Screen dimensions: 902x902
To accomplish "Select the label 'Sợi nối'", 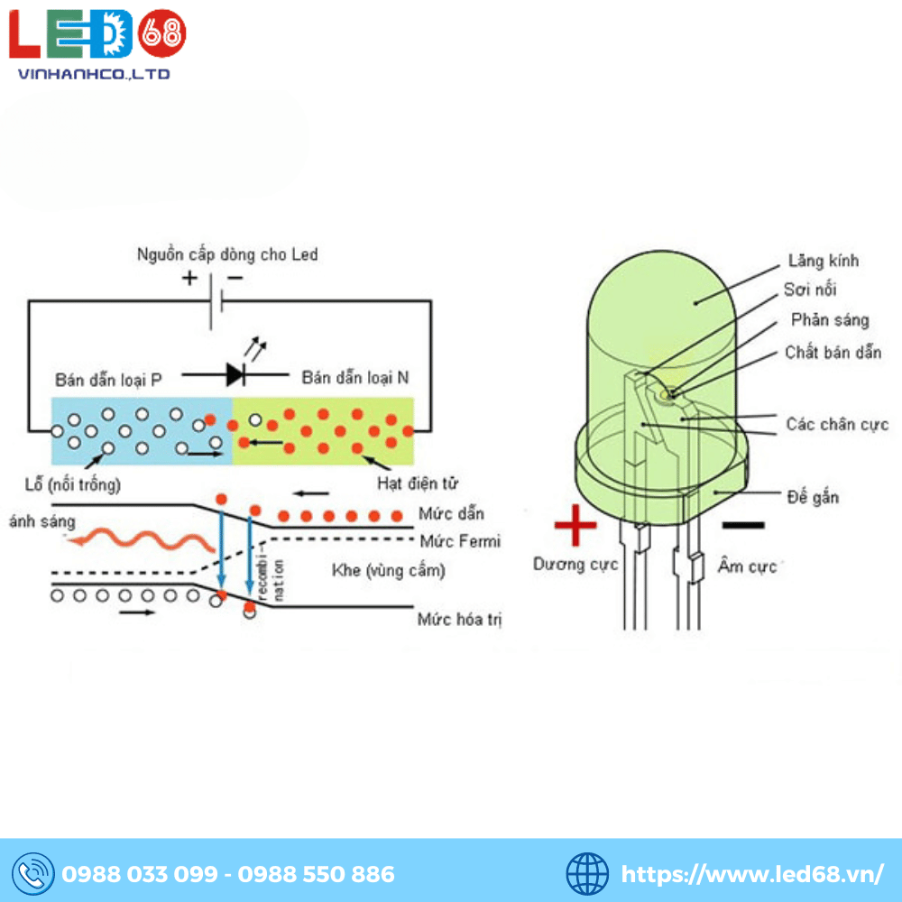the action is point(809,290).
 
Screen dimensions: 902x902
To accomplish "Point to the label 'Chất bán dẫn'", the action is point(833,353).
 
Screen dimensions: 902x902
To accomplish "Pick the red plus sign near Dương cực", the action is point(575,526).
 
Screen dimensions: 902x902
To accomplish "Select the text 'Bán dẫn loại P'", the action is point(108,379).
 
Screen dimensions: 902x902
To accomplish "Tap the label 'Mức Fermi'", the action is point(459,541).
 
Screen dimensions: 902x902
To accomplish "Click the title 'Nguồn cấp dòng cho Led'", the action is point(227,254).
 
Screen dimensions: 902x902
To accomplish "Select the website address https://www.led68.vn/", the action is point(752,873).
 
